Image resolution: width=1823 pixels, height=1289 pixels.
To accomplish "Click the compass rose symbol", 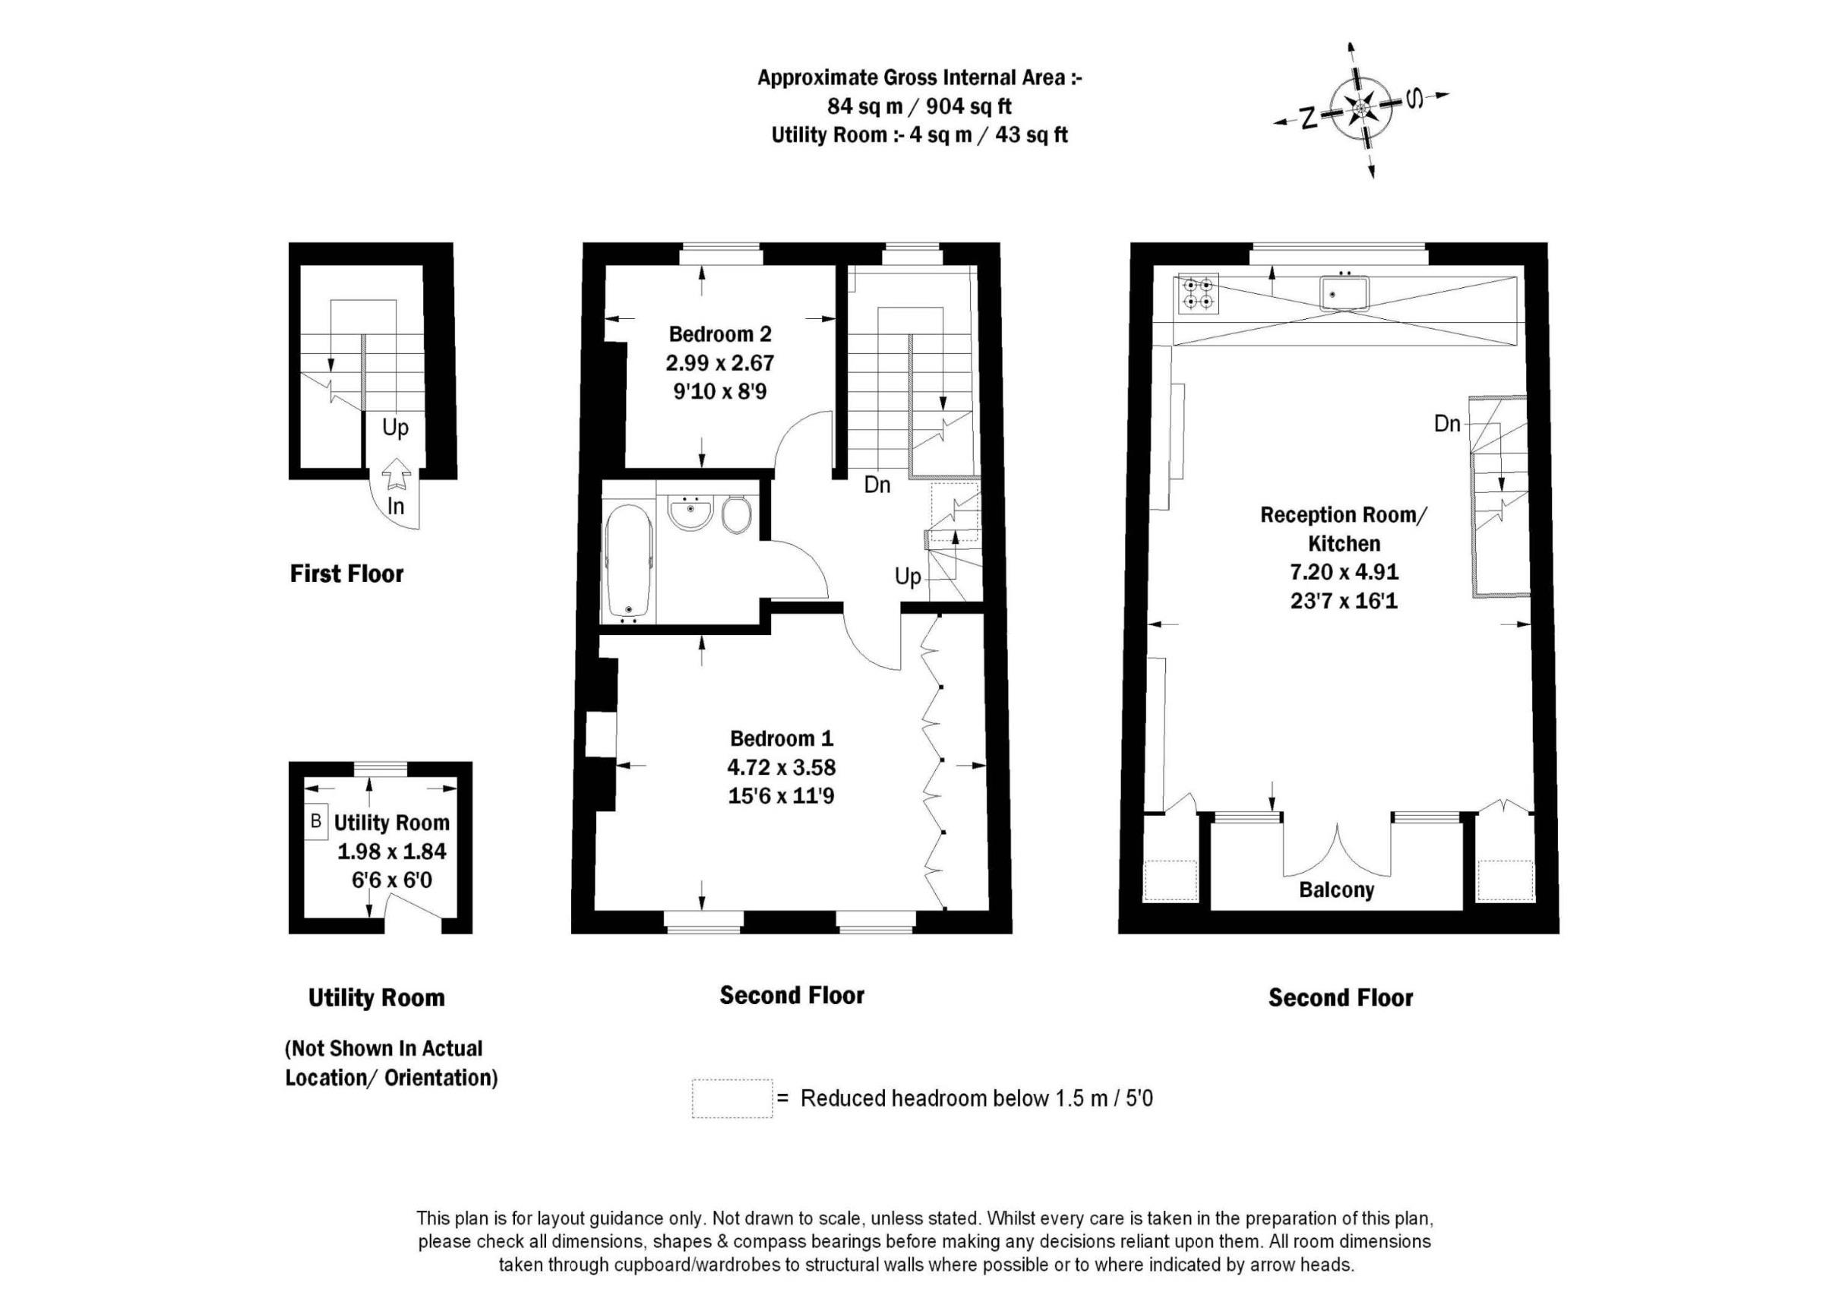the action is [x=1362, y=108].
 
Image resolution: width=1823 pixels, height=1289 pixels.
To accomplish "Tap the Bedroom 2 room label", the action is [x=719, y=333].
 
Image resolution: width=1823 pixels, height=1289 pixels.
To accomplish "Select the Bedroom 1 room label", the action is [x=782, y=738].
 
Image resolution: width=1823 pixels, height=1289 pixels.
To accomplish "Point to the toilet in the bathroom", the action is [x=738, y=515].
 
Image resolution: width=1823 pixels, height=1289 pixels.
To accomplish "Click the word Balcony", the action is [x=1336, y=889].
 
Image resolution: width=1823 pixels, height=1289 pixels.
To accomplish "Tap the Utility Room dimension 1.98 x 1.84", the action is [x=392, y=852].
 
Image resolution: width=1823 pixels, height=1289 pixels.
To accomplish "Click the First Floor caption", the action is [x=347, y=573].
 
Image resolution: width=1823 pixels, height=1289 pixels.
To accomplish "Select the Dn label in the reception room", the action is [x=1447, y=424].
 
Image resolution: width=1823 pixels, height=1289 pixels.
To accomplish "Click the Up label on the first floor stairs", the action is [x=396, y=428].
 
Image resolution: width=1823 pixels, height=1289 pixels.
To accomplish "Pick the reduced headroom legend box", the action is [x=732, y=1098].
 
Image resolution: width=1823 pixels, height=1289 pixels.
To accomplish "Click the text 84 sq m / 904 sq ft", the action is [x=919, y=106].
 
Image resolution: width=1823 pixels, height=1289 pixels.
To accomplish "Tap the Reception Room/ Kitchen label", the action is [x=1344, y=529].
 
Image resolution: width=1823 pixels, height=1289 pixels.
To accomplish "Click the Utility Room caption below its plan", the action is [x=376, y=997].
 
